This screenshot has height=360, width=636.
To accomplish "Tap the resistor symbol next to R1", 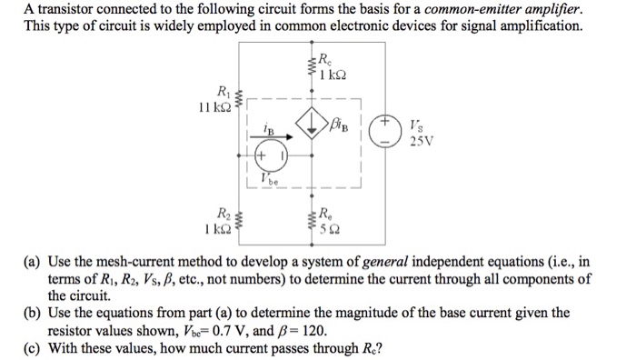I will click(240, 98).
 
